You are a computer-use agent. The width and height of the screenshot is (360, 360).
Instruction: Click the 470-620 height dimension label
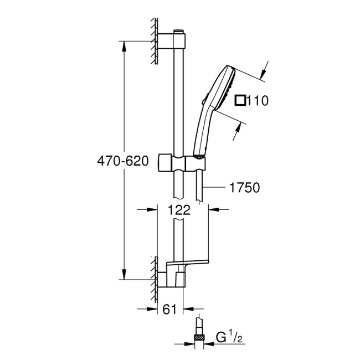click(123, 162)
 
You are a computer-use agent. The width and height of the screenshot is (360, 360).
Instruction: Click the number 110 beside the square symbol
click(258, 101)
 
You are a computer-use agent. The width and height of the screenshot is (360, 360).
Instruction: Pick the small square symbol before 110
click(240, 101)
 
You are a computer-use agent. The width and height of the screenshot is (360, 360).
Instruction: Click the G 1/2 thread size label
click(227, 337)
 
